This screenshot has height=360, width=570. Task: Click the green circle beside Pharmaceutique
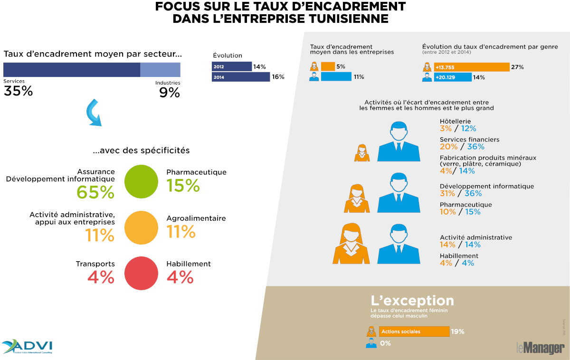pos(141,181)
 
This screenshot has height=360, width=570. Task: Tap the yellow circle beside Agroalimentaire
pos(141,227)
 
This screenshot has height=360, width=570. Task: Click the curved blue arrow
pos(94,113)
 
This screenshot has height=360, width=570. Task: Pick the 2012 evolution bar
pos(232,66)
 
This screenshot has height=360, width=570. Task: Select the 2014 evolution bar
pos(240,77)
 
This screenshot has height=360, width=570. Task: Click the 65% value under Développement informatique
pos(95,192)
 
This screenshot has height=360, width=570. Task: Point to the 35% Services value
pos(18,91)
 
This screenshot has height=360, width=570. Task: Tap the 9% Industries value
pos(170,93)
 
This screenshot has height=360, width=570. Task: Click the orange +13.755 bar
pos(471,67)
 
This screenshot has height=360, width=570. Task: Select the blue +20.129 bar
pos(452,77)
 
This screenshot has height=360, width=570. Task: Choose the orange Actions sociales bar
pos(414,332)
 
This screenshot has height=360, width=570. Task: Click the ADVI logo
pos(28,346)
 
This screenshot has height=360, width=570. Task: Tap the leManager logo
pos(540,348)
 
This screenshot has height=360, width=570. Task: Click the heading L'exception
pos(412,301)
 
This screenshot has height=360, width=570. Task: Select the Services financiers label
pos(469,139)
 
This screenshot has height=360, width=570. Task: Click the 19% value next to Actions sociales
pos(457,332)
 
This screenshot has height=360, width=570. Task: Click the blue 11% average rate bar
pos(336,76)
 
